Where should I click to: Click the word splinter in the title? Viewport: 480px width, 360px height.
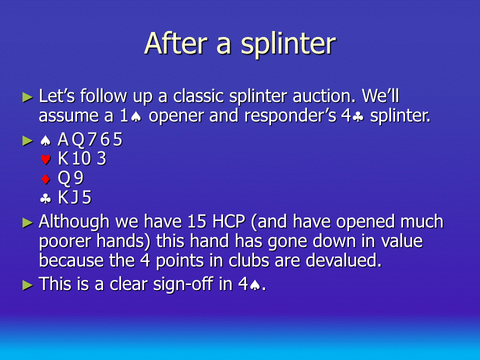[x=288, y=44]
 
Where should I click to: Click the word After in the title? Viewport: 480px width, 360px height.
[x=175, y=43]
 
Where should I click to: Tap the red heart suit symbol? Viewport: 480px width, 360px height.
[x=45, y=159]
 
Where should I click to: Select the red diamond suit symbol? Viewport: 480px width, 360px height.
[x=45, y=179]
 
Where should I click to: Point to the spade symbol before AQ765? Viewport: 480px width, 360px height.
[x=45, y=140]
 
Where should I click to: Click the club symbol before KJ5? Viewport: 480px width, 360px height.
[x=45, y=199]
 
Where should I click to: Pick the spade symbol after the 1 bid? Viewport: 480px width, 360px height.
[x=136, y=116]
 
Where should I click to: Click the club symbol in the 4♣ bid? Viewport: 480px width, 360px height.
[x=357, y=116]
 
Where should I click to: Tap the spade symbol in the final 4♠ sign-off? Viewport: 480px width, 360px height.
[x=255, y=285]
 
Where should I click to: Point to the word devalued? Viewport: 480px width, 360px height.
[x=343, y=260]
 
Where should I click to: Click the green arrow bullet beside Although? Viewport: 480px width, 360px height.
[x=27, y=222]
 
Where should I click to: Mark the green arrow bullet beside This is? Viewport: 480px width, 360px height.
[x=27, y=285]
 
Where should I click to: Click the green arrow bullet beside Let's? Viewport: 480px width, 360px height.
[x=27, y=97]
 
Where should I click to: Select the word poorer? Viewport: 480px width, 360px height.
[x=64, y=242]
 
